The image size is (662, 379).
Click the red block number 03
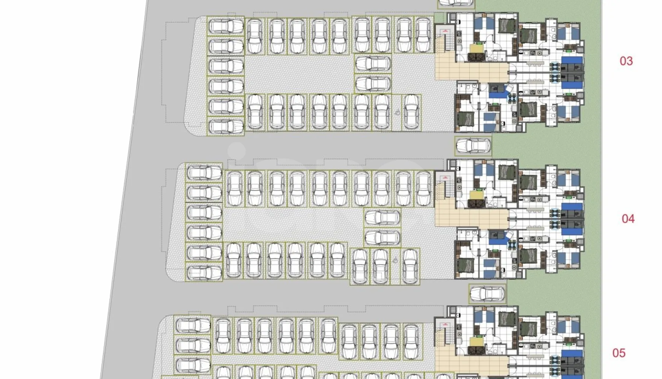click(x=626, y=61)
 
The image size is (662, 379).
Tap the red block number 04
click(x=628, y=218)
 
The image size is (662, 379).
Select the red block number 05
click(x=619, y=353)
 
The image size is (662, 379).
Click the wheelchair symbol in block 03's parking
click(x=397, y=112)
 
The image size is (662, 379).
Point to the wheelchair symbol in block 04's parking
click(x=395, y=260)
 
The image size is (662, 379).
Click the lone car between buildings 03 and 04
click(x=473, y=146)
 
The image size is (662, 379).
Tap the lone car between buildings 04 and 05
click(x=487, y=294)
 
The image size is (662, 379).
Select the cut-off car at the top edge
click(x=456, y=3)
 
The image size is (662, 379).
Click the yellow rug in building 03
click(x=476, y=49)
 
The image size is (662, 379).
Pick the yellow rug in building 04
click(x=476, y=196)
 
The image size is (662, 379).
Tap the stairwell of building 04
click(x=445, y=185)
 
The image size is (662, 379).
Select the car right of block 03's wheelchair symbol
click(x=411, y=112)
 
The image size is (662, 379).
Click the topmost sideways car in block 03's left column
click(x=226, y=26)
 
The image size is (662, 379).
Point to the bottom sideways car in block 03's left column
click(x=226, y=127)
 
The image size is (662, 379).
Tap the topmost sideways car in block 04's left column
click(x=204, y=173)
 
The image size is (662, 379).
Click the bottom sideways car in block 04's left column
click(x=204, y=273)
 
